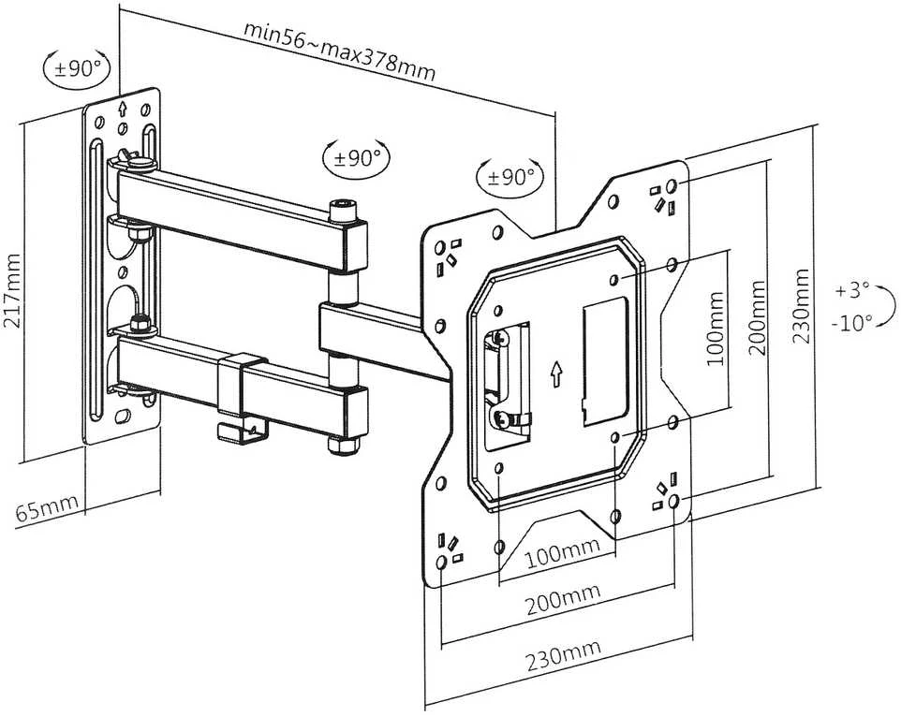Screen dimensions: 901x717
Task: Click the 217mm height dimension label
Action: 12,290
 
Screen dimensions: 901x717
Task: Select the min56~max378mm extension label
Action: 340,51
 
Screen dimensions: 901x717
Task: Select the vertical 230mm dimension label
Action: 801,306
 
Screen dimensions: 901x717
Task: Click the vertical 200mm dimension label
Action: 758,317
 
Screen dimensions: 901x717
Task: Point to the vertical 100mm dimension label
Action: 715,329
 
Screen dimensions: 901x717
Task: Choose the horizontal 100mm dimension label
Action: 563,551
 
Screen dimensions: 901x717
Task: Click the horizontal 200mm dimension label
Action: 563,599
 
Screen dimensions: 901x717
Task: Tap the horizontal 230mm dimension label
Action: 564,655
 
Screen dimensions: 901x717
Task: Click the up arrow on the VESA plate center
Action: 556,373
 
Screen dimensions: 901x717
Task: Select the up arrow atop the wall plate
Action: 122,108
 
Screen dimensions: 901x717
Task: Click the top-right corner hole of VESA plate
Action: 672,185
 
